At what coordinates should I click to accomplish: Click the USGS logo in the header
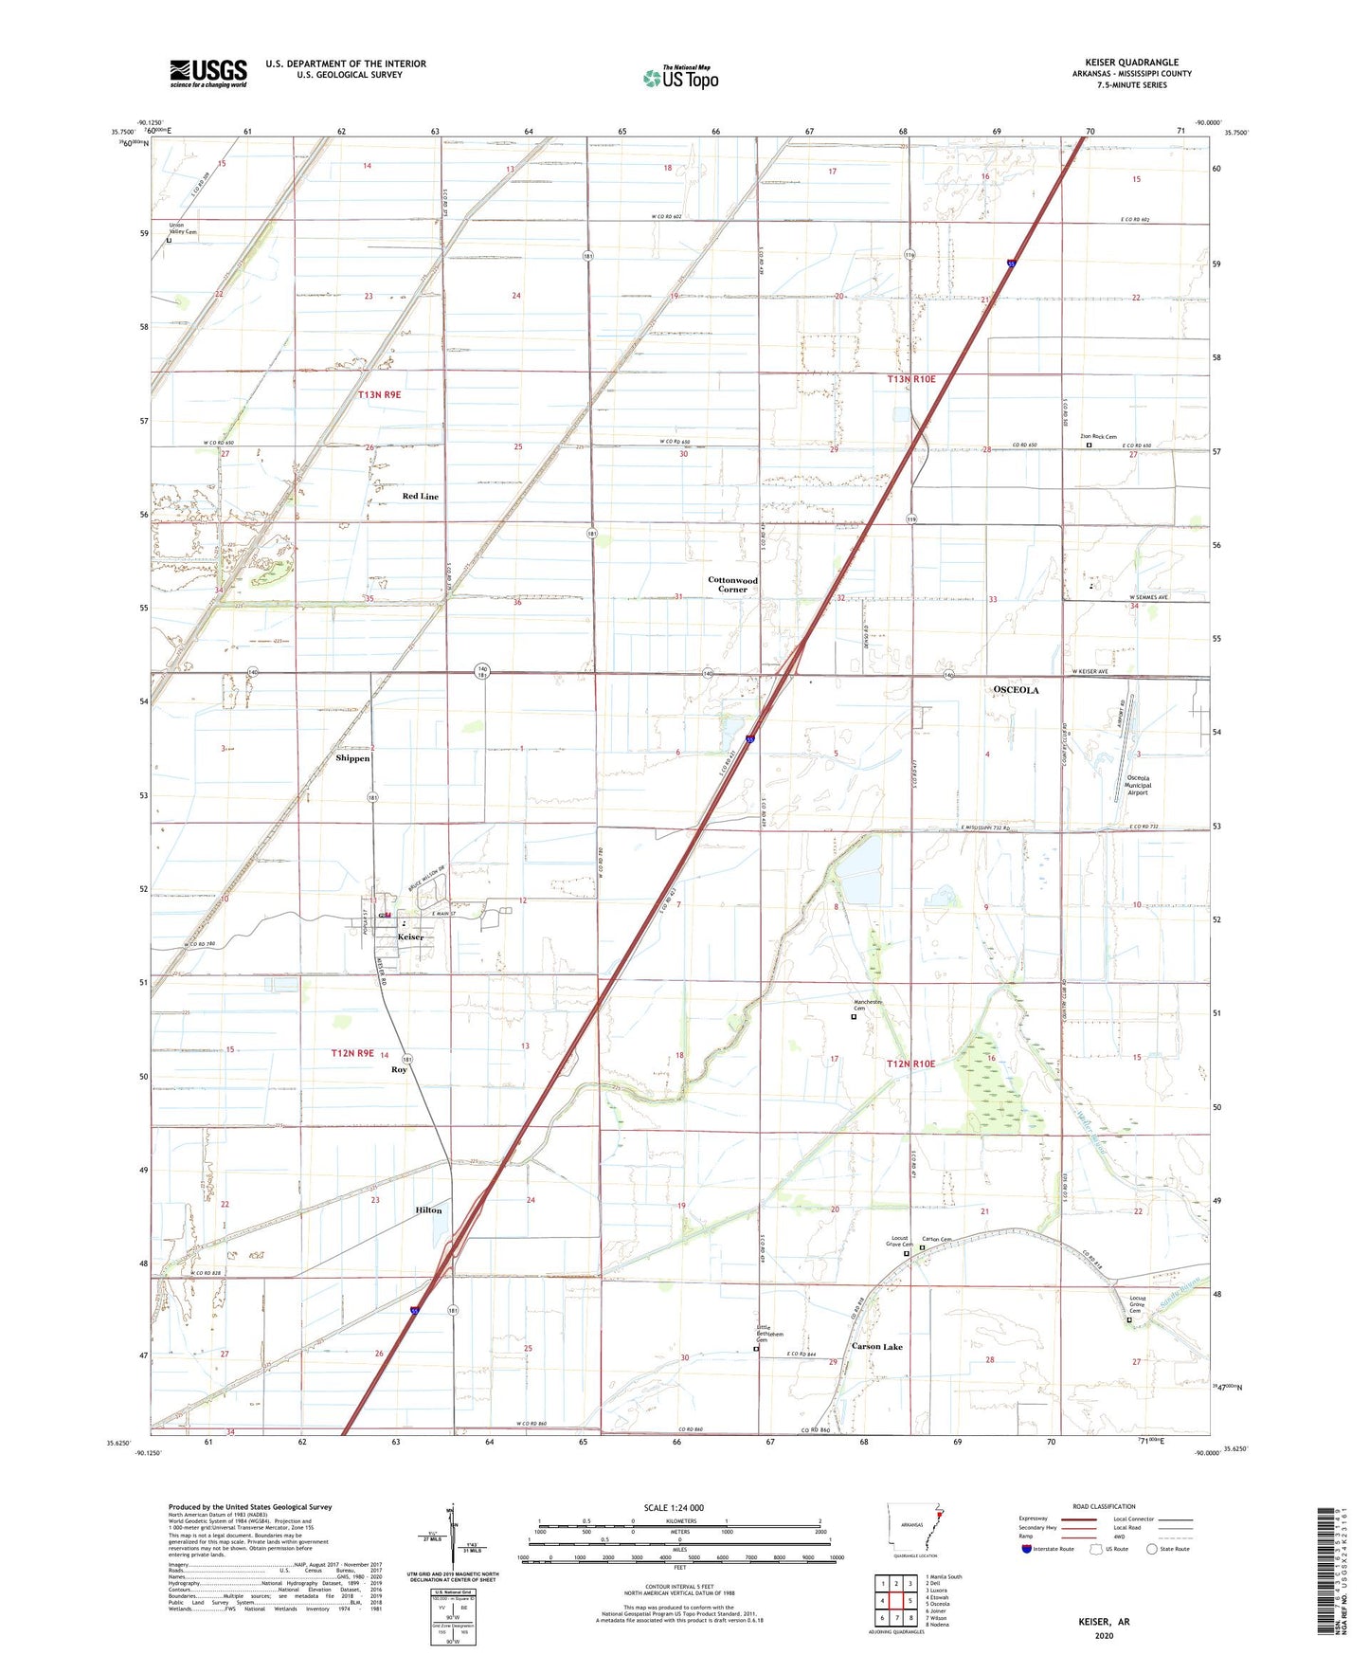pyautogui.click(x=208, y=73)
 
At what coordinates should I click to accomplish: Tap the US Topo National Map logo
pyautogui.click(x=680, y=78)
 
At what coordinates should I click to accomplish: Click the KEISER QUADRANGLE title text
pyautogui.click(x=1131, y=63)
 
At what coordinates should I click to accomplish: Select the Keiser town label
pyautogui.click(x=410, y=937)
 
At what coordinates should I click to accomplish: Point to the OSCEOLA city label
pyautogui.click(x=1016, y=690)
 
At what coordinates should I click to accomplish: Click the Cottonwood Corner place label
pyautogui.click(x=732, y=585)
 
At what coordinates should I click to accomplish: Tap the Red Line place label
pyautogui.click(x=421, y=497)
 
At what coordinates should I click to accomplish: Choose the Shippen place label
pyautogui.click(x=352, y=758)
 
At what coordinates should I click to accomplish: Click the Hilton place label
pyautogui.click(x=428, y=1210)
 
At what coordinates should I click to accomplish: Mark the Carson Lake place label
pyautogui.click(x=876, y=1347)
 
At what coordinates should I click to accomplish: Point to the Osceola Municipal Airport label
pyautogui.click(x=1137, y=785)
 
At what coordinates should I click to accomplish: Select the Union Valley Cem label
pyautogui.click(x=183, y=228)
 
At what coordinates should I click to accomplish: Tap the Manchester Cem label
pyautogui.click(x=868, y=1004)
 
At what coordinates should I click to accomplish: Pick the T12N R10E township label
pyautogui.click(x=910, y=1064)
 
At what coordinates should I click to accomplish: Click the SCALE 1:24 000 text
pyautogui.click(x=674, y=1508)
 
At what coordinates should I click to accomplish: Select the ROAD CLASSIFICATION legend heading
pyautogui.click(x=1104, y=1506)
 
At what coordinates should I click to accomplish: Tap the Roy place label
pyautogui.click(x=399, y=1070)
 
